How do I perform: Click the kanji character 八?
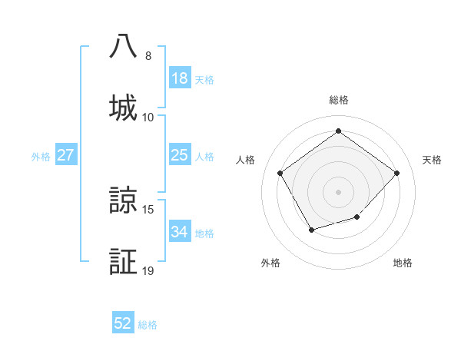click(x=124, y=46)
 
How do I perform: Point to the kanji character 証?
click(x=124, y=261)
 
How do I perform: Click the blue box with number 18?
click(x=180, y=78)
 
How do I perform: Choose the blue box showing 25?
click(x=180, y=155)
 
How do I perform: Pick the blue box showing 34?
click(x=180, y=232)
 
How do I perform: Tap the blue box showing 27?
click(x=66, y=155)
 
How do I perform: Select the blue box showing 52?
click(x=123, y=323)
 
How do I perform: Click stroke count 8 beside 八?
click(x=148, y=56)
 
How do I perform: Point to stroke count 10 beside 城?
click(x=148, y=117)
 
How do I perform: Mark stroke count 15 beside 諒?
click(x=148, y=209)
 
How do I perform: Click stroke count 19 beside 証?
click(x=148, y=270)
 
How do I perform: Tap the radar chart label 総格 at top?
click(x=339, y=100)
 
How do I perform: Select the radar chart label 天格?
click(x=432, y=160)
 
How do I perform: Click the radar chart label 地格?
click(x=403, y=263)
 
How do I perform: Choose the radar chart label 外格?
click(x=270, y=263)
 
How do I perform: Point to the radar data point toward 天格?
click(x=396, y=173)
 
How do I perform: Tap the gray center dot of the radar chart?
click(x=339, y=191)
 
